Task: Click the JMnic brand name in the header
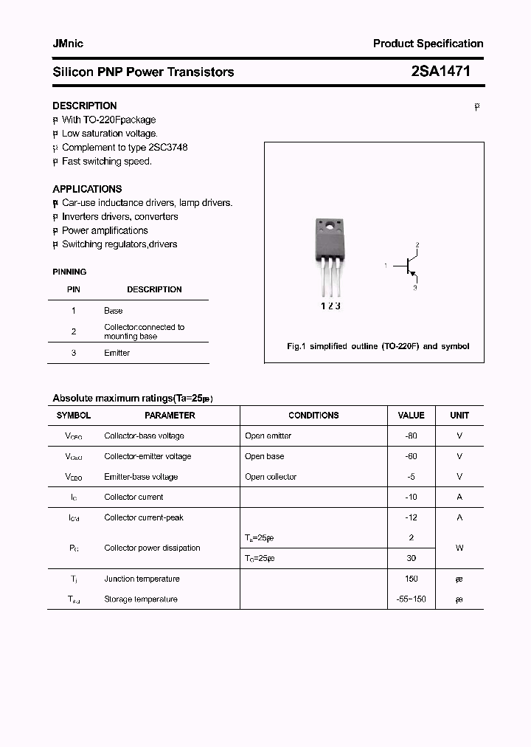(68, 44)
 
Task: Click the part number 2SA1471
(440, 72)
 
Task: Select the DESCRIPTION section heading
(84, 106)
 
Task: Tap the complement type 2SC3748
(163, 147)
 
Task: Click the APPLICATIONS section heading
(87, 189)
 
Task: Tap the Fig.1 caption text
(378, 346)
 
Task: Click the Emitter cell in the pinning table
(117, 353)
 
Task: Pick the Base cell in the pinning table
(114, 311)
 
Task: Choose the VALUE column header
(411, 416)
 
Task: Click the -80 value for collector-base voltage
(411, 436)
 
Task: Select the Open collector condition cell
(271, 477)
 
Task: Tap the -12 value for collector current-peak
(411, 517)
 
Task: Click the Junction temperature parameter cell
(142, 579)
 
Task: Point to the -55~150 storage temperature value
(411, 599)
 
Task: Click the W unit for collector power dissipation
(459, 548)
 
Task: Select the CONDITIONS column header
(313, 416)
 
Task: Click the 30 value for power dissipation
(411, 559)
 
